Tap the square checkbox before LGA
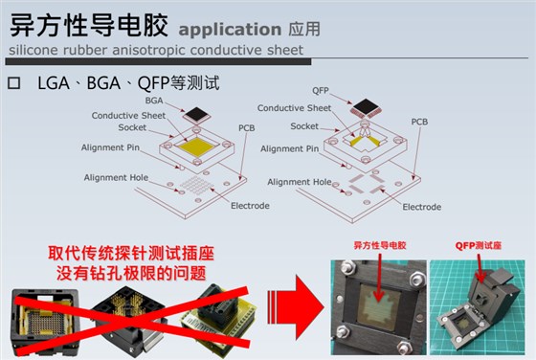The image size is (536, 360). (14, 83)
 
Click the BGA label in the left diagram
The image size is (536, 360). (154, 101)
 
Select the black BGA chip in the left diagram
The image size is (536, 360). (196, 115)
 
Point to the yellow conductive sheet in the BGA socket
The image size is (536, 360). (197, 146)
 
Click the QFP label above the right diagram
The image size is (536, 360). (321, 91)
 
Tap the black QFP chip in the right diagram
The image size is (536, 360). (366, 107)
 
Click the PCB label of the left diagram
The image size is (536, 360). (247, 128)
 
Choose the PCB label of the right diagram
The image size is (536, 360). (419, 122)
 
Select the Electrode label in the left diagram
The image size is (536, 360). (250, 206)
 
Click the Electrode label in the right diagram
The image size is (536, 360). (422, 207)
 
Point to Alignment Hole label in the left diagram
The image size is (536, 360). (116, 177)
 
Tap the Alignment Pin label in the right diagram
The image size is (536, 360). (289, 148)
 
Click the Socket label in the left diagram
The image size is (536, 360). (132, 127)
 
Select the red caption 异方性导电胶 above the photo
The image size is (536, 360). (380, 245)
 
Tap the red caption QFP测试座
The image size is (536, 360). (479, 245)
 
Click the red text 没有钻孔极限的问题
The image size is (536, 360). (131, 273)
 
